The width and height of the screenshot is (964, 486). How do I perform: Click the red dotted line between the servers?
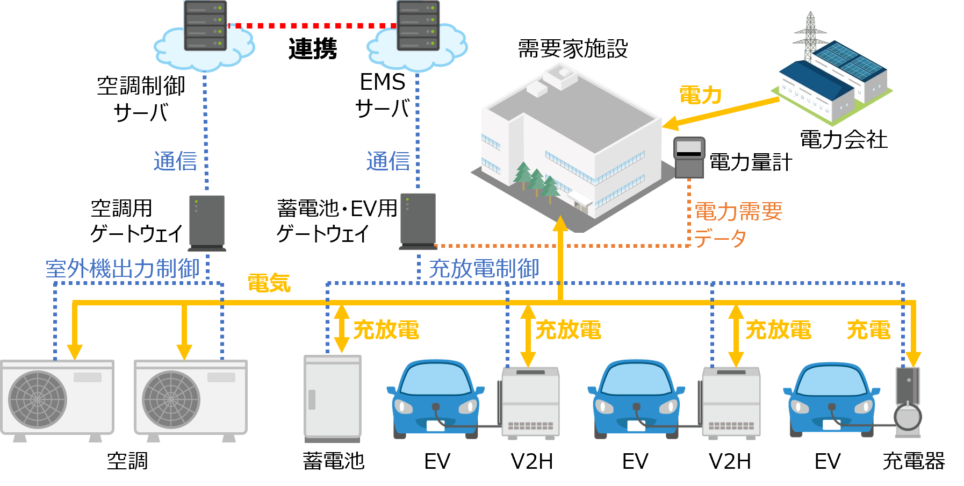click(312, 25)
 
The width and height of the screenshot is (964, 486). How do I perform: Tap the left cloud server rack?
click(205, 25)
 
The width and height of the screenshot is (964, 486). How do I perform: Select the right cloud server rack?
click(418, 25)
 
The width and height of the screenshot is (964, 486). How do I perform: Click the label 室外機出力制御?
click(123, 269)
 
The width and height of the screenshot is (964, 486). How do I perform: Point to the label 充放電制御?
click(484, 269)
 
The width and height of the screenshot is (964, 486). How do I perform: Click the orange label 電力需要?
click(738, 211)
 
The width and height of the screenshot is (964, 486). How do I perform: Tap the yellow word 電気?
click(269, 283)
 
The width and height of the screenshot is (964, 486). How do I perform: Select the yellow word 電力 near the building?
click(701, 95)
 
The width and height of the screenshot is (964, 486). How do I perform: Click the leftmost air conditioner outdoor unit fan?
click(38, 399)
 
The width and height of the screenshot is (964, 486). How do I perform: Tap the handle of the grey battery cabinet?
click(312, 399)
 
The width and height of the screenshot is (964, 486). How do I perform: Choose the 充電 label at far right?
click(868, 330)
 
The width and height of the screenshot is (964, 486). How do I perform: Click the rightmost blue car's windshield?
click(831, 383)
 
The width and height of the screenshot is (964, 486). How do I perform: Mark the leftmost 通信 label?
click(175, 161)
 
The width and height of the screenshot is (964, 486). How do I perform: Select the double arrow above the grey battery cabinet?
click(342, 328)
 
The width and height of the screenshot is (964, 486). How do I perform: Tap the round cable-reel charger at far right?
click(908, 417)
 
